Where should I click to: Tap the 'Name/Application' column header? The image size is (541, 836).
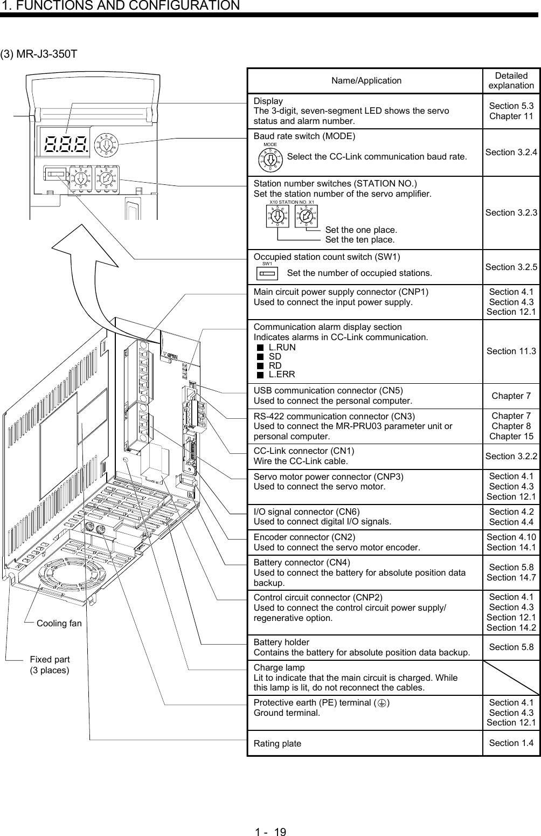pyautogui.click(x=366, y=81)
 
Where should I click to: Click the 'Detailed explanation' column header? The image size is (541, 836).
pyautogui.click(x=511, y=81)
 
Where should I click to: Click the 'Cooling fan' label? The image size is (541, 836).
pyautogui.click(x=59, y=624)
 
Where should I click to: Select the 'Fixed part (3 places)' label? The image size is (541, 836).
pyautogui.click(x=50, y=665)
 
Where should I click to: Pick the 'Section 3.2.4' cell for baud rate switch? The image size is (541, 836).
pyautogui.click(x=511, y=153)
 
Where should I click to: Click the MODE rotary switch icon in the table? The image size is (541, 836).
pyautogui.click(x=270, y=157)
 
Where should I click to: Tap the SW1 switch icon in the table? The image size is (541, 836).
pyautogui.click(x=268, y=273)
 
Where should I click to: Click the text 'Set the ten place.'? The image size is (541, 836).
pyautogui.click(x=360, y=239)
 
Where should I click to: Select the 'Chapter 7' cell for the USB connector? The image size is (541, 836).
pyautogui.click(x=511, y=396)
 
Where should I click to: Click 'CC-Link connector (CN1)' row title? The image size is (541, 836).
pyautogui.click(x=304, y=451)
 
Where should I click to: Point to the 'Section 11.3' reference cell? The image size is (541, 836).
pyautogui.click(x=511, y=351)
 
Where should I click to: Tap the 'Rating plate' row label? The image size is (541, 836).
pyautogui.click(x=278, y=744)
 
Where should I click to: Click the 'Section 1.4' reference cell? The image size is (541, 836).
pyautogui.click(x=511, y=743)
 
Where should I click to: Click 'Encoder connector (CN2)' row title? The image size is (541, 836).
pyautogui.click(x=304, y=537)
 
